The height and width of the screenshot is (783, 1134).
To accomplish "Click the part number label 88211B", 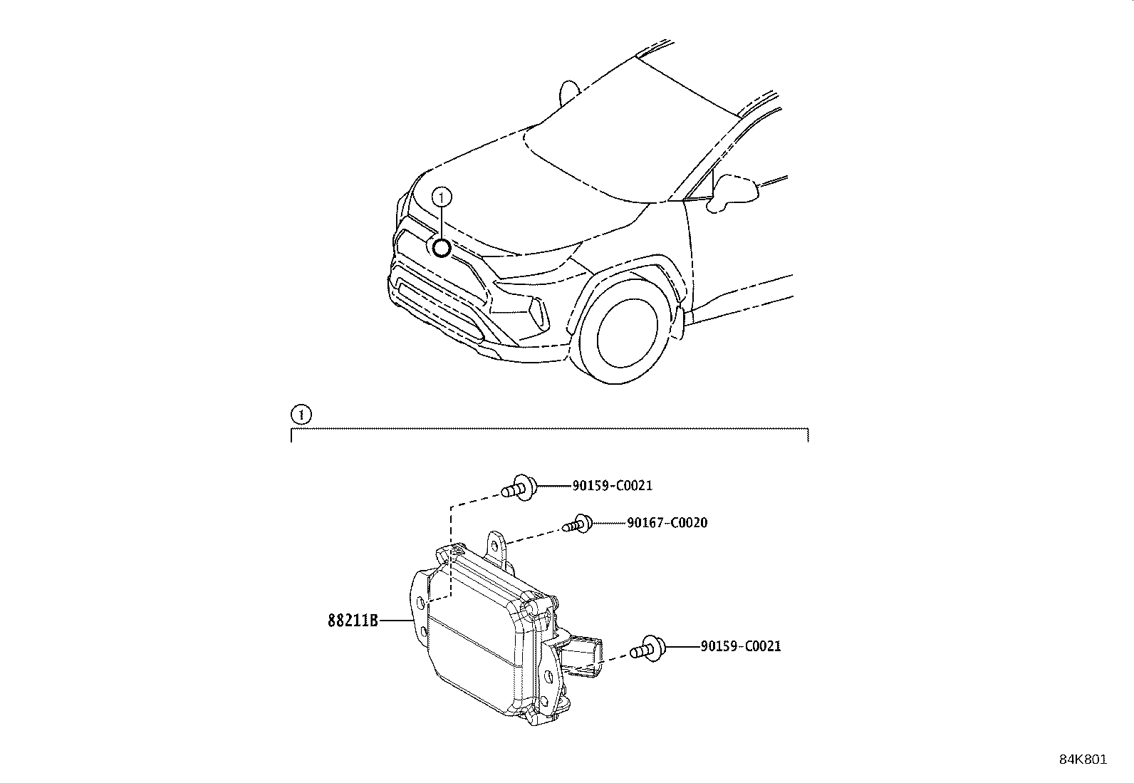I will click(352, 621).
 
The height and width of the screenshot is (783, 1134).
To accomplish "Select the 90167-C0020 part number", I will click(667, 523).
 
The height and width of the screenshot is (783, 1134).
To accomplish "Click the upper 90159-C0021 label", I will click(612, 486).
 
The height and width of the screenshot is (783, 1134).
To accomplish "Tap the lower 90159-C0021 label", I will click(740, 646).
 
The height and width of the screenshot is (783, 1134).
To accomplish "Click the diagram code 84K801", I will click(1083, 759).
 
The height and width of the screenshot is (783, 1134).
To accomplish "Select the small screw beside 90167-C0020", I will click(577, 525).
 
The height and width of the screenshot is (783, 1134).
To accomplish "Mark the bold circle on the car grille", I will click(442, 248).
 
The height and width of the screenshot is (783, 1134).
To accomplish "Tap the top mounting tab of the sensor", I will click(494, 545).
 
